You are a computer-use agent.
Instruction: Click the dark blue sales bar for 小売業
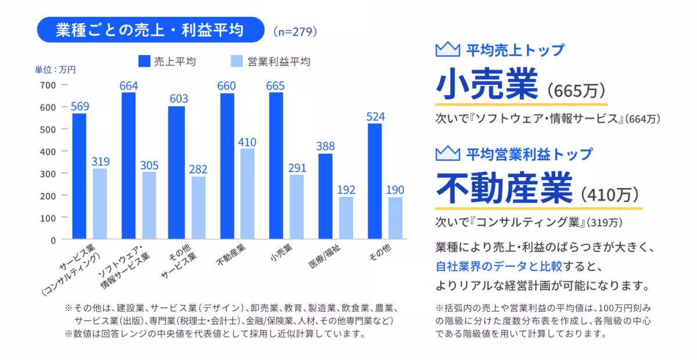click(x=276, y=165)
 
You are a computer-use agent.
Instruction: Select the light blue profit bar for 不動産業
click(x=247, y=193)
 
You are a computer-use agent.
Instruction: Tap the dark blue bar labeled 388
click(x=325, y=196)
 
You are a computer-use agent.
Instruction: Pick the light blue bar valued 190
click(x=395, y=218)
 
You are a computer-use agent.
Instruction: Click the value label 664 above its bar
click(x=128, y=86)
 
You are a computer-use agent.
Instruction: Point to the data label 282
click(x=199, y=170)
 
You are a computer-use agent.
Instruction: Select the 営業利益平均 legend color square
click(x=236, y=62)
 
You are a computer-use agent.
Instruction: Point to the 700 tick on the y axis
click(x=49, y=85)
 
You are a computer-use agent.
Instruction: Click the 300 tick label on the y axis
click(x=49, y=174)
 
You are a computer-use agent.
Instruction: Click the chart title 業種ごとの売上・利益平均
click(x=149, y=30)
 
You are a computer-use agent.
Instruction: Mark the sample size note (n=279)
click(x=295, y=31)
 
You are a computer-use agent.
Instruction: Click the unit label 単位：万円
click(x=55, y=70)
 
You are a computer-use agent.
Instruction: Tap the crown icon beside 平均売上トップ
click(x=447, y=50)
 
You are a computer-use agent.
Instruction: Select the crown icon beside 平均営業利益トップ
click(x=447, y=154)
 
